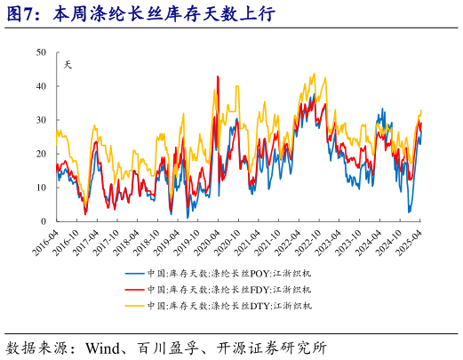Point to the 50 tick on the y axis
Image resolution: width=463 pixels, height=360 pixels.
[x=42, y=52]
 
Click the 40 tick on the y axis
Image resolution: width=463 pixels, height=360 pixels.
[x=42, y=86]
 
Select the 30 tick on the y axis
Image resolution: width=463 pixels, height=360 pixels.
[x=42, y=120]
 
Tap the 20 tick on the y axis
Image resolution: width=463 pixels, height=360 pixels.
[x=42, y=154]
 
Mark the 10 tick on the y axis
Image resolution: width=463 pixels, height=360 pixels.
[x=42, y=188]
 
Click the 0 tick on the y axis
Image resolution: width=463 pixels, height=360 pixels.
[x=44, y=221]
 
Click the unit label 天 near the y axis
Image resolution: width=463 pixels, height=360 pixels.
[x=68, y=63]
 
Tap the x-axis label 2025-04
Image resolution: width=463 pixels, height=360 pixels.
[x=410, y=240]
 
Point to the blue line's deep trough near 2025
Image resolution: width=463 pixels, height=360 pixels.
[x=410, y=212]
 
